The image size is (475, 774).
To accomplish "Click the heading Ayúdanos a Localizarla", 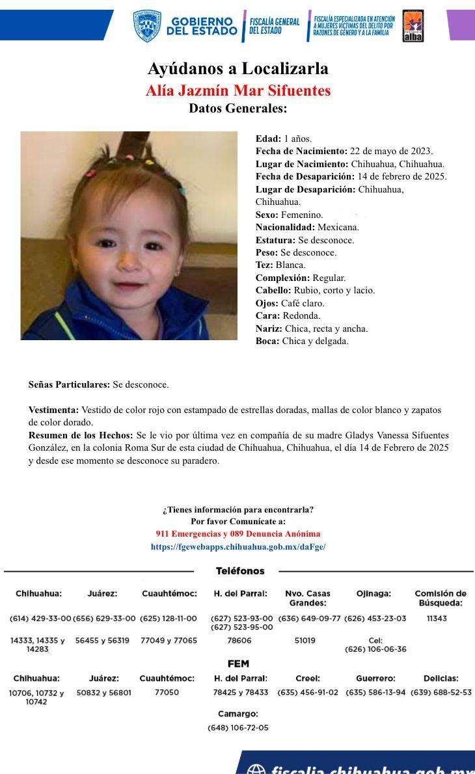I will pos(238,68).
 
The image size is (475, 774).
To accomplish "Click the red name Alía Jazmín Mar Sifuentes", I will pos(238,90).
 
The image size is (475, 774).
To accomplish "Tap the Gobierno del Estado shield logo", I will pos(146,26).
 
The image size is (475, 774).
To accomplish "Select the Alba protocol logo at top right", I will pos(413,26).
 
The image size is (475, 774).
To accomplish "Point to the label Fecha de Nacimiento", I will pos(301,151).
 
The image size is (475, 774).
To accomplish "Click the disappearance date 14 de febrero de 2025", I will pos(401,176).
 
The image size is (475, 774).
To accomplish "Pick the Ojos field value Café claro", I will pos(303,303).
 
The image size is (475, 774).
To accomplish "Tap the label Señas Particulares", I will pos(69,384).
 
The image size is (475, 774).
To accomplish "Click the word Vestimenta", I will pos(53,410).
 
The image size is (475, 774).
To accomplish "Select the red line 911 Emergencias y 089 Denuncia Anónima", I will pos(238,534).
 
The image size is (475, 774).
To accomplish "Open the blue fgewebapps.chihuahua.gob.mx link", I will pos(238,547).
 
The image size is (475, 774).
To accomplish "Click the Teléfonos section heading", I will pos(240,571).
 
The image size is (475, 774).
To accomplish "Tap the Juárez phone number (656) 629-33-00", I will pos(104,619).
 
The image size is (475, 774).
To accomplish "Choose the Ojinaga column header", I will pos(373,593).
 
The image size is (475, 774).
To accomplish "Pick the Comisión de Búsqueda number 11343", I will pos(437,619).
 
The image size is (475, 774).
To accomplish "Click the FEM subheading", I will pos(238,664).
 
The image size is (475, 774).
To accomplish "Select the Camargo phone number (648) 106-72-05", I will pos(238,728).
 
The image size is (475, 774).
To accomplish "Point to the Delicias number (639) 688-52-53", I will pos(441,693).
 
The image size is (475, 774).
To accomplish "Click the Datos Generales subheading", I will pos(238,109).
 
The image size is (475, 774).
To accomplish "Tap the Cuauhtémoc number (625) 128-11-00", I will pos(169,619).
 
